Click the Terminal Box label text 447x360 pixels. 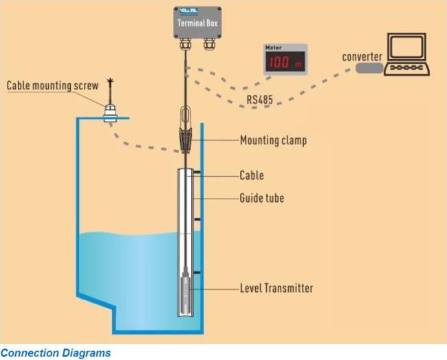pos(197,23)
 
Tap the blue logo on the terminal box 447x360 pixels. pos(188,11)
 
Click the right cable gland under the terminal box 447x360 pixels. pos(209,43)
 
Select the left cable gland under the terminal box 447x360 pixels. pos(185,43)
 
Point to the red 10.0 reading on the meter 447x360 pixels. pos(279,62)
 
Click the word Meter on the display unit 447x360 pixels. pos(274,47)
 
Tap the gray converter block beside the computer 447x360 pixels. pos(369,68)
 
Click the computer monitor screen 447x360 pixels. pos(406,47)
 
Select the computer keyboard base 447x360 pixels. pos(407,69)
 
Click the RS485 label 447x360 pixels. pos(260,100)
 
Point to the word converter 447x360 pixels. pos(362,56)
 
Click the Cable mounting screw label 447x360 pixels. pos(52,85)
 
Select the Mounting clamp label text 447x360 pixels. pos(274,140)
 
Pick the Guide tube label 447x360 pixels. pos(262,198)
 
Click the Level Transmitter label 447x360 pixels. pos(276,288)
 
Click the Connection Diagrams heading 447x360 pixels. pos(56,353)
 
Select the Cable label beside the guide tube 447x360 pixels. pos(252,175)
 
